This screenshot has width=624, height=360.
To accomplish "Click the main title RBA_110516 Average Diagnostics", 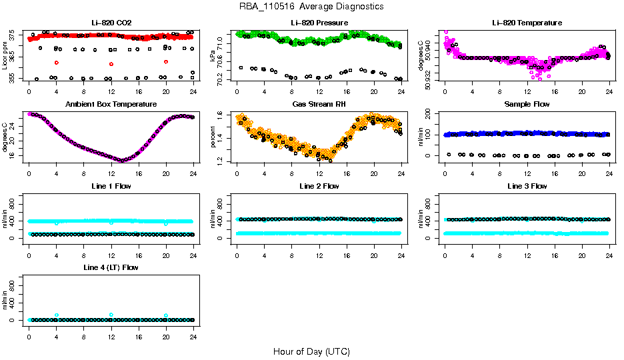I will click(312, 6).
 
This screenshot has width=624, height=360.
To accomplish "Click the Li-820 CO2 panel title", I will click(111, 23).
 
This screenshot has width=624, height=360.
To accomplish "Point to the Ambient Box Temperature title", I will click(111, 105).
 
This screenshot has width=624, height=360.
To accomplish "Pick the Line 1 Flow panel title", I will click(111, 186).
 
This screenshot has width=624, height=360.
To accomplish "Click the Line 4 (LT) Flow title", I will click(111, 267).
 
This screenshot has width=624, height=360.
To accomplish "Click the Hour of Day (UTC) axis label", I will click(311, 351).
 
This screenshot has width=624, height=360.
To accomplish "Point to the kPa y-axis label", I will click(213, 57).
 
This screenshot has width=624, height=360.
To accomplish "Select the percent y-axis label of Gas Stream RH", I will click(213, 138).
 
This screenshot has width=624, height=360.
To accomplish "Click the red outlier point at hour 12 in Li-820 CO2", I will click(111, 63).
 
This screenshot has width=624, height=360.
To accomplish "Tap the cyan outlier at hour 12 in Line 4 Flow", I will click(111, 315).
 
